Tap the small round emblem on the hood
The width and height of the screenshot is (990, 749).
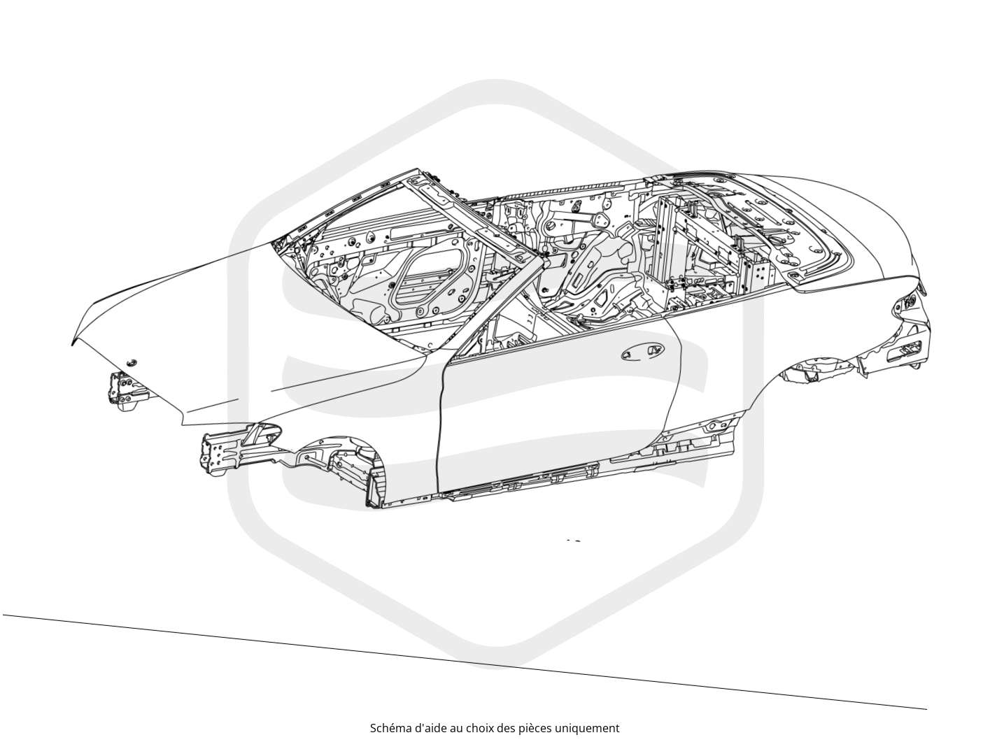132,362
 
